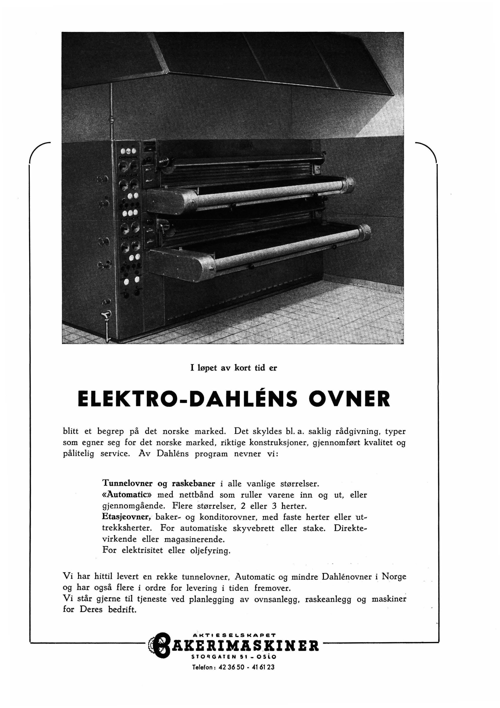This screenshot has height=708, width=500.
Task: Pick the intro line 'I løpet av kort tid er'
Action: click(234, 368)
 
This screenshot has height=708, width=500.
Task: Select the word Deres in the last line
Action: click(91, 610)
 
